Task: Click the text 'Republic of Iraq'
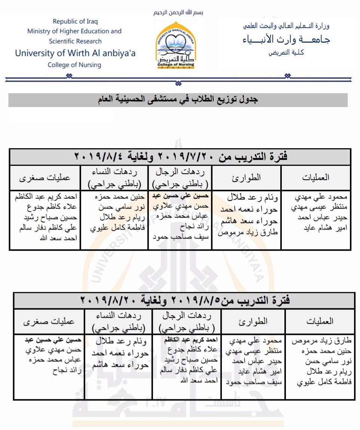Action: point(74,21)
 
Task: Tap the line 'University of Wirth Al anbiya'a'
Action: point(75,53)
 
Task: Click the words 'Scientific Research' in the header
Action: point(75,41)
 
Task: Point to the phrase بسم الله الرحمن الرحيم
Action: point(179,12)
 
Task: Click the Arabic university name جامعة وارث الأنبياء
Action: point(286,39)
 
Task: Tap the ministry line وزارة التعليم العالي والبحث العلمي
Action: point(286,26)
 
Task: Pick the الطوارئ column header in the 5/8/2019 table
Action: point(253,321)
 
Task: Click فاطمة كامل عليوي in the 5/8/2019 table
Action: point(324,382)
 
